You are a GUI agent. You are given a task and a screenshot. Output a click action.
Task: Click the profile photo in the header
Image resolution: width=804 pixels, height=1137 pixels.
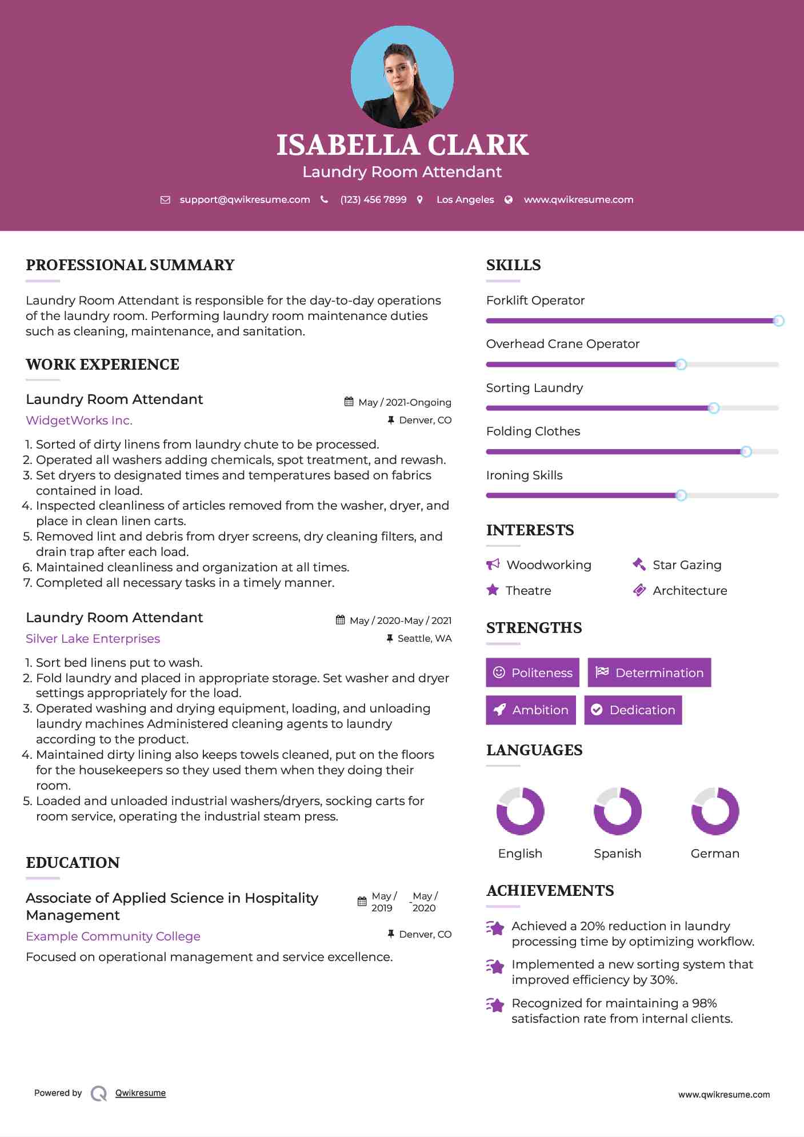point(402,77)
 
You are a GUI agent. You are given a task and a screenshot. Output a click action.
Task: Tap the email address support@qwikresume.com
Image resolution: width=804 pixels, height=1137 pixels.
point(245,199)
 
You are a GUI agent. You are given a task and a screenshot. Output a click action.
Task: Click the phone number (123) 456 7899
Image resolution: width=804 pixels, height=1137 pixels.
point(373,199)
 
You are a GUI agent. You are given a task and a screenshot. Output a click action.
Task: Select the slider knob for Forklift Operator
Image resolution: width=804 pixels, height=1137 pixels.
point(778,321)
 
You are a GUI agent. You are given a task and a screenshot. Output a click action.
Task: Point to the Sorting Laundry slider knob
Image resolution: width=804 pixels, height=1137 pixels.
point(713,408)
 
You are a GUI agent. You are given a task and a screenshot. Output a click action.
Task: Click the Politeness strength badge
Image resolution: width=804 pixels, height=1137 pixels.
point(532,672)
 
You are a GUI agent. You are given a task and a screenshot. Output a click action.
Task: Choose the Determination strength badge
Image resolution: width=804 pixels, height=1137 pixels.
point(649,672)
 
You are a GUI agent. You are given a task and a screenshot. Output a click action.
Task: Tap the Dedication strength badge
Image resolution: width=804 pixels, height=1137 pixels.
point(633,710)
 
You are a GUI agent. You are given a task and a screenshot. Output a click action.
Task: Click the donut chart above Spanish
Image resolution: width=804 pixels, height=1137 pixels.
point(617,811)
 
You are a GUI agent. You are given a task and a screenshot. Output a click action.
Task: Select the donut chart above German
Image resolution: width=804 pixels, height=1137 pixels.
point(715,811)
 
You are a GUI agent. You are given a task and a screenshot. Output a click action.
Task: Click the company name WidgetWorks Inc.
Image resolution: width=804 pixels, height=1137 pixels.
point(79,421)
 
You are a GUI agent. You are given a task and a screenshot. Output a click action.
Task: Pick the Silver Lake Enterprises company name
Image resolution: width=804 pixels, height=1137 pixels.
point(93,639)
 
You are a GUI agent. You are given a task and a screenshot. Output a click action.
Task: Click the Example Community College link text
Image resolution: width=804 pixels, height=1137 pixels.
point(113,936)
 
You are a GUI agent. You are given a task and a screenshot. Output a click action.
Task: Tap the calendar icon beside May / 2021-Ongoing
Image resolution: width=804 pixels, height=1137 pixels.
point(349,402)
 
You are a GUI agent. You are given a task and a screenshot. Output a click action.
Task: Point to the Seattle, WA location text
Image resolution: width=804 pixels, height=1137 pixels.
point(425,638)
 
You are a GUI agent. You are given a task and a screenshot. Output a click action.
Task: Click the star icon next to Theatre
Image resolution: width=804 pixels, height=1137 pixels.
point(493,590)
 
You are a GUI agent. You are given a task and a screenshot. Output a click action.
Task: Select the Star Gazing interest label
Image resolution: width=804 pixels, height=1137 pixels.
point(687,565)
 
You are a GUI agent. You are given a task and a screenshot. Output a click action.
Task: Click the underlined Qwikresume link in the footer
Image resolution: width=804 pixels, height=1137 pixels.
point(141,1093)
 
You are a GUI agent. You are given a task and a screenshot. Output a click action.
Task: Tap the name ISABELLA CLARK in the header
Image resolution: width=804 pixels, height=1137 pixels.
point(402,145)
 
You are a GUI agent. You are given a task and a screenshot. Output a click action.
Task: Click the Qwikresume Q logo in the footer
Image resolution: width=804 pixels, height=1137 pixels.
point(99,1093)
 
